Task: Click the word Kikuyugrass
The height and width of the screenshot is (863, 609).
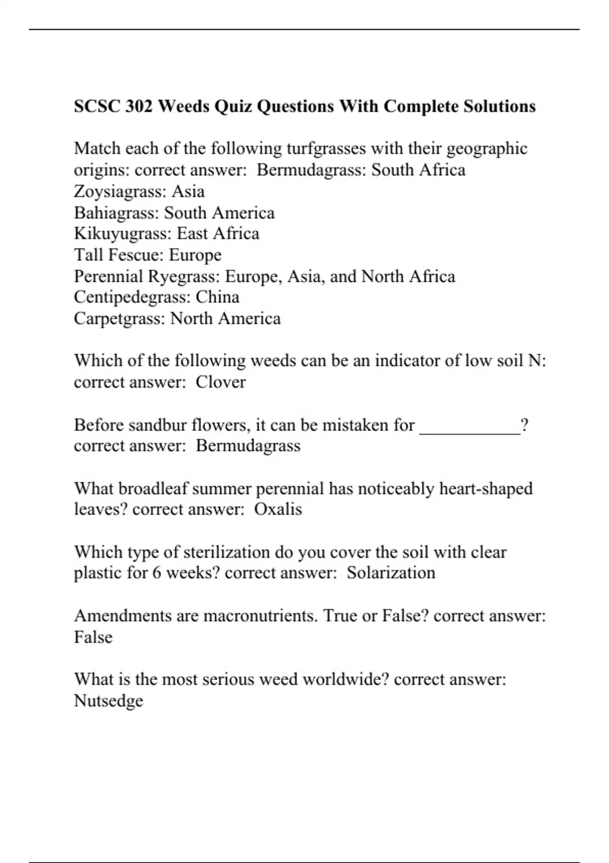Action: (122, 234)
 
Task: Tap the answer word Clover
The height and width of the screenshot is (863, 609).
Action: (221, 382)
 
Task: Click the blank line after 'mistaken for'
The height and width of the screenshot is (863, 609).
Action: (470, 425)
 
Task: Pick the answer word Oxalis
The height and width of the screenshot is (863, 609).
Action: (278, 509)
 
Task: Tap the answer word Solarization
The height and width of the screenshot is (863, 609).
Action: (391, 573)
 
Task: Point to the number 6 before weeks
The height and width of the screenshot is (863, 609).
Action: (157, 573)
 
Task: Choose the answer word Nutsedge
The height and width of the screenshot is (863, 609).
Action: (109, 701)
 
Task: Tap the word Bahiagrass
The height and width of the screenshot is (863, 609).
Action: (116, 213)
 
